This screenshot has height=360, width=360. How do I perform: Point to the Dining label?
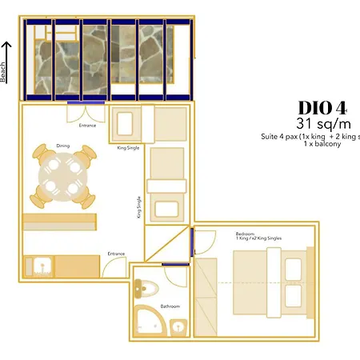coord(63,146)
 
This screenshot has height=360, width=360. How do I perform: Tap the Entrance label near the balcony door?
coord(88,126)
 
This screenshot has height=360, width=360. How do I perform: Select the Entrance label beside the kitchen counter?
coord(116,254)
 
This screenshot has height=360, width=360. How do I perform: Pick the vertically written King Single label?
coord(139,209)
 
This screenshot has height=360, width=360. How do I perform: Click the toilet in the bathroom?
coord(144,288)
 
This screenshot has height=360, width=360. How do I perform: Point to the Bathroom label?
coord(170,306)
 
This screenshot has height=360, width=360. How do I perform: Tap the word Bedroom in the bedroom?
coord(223,234)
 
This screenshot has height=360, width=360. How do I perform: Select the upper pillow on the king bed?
coord(294,267)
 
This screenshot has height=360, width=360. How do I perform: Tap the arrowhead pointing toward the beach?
coord(5,46)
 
